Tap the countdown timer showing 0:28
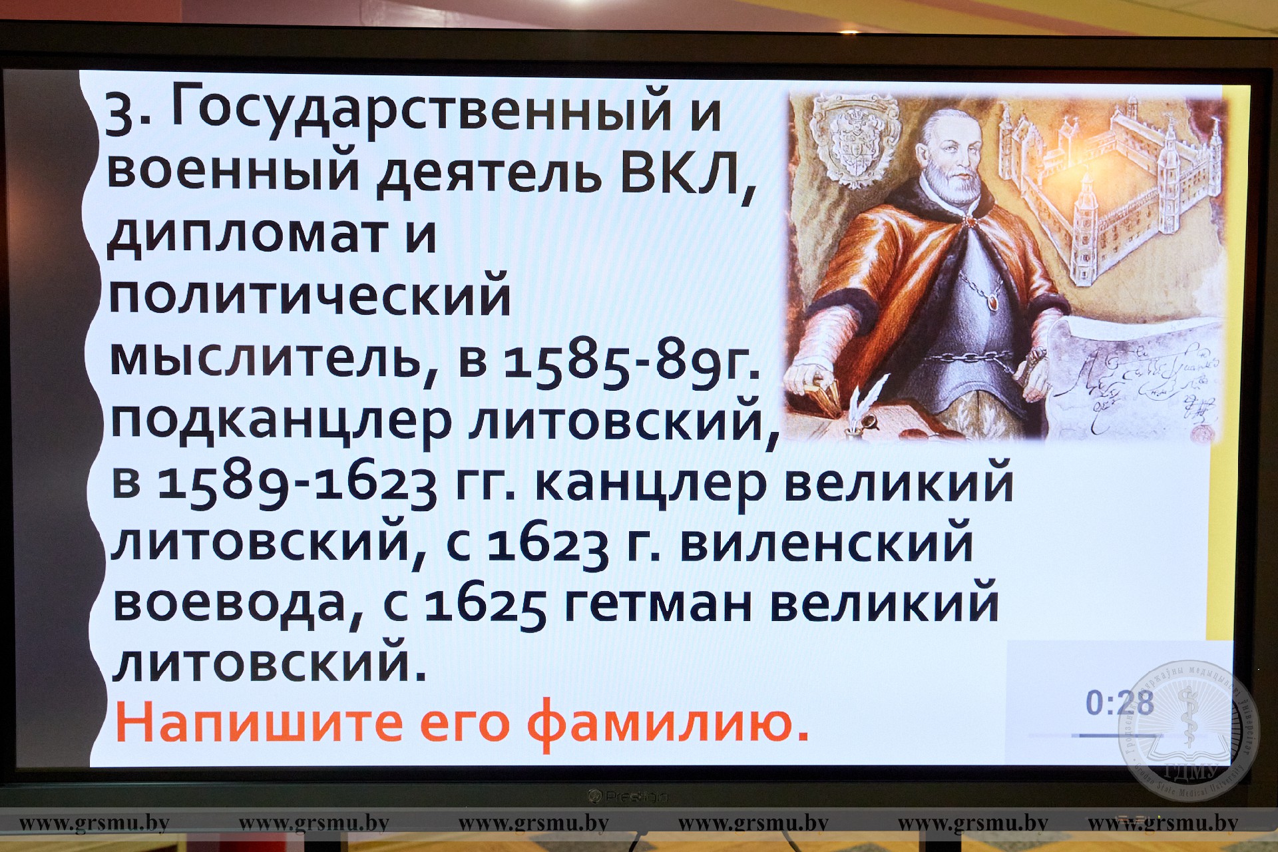pyautogui.click(x=1120, y=703)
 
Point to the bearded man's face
pyautogui.click(x=953, y=156)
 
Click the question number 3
pyautogui.click(x=119, y=114)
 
